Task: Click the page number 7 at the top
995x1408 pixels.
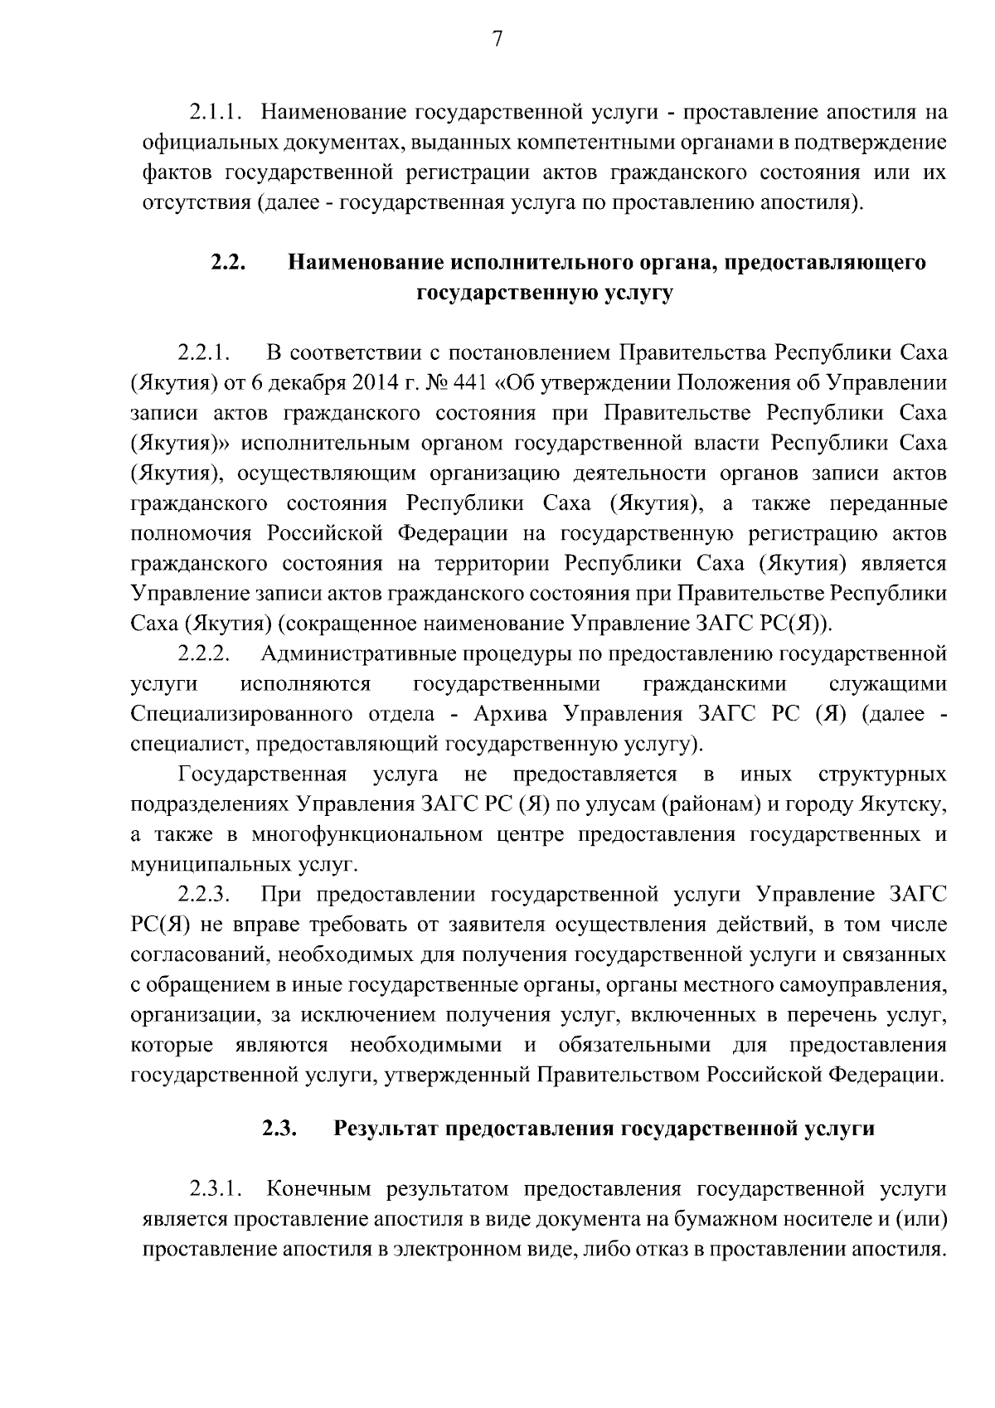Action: tap(498, 40)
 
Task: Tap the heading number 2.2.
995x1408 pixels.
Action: tap(226, 263)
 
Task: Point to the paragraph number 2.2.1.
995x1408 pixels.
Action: tap(203, 352)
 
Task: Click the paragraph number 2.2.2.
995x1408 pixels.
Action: tap(203, 653)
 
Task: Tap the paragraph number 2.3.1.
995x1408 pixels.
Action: tap(215, 1189)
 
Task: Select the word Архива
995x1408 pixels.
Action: tap(514, 714)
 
